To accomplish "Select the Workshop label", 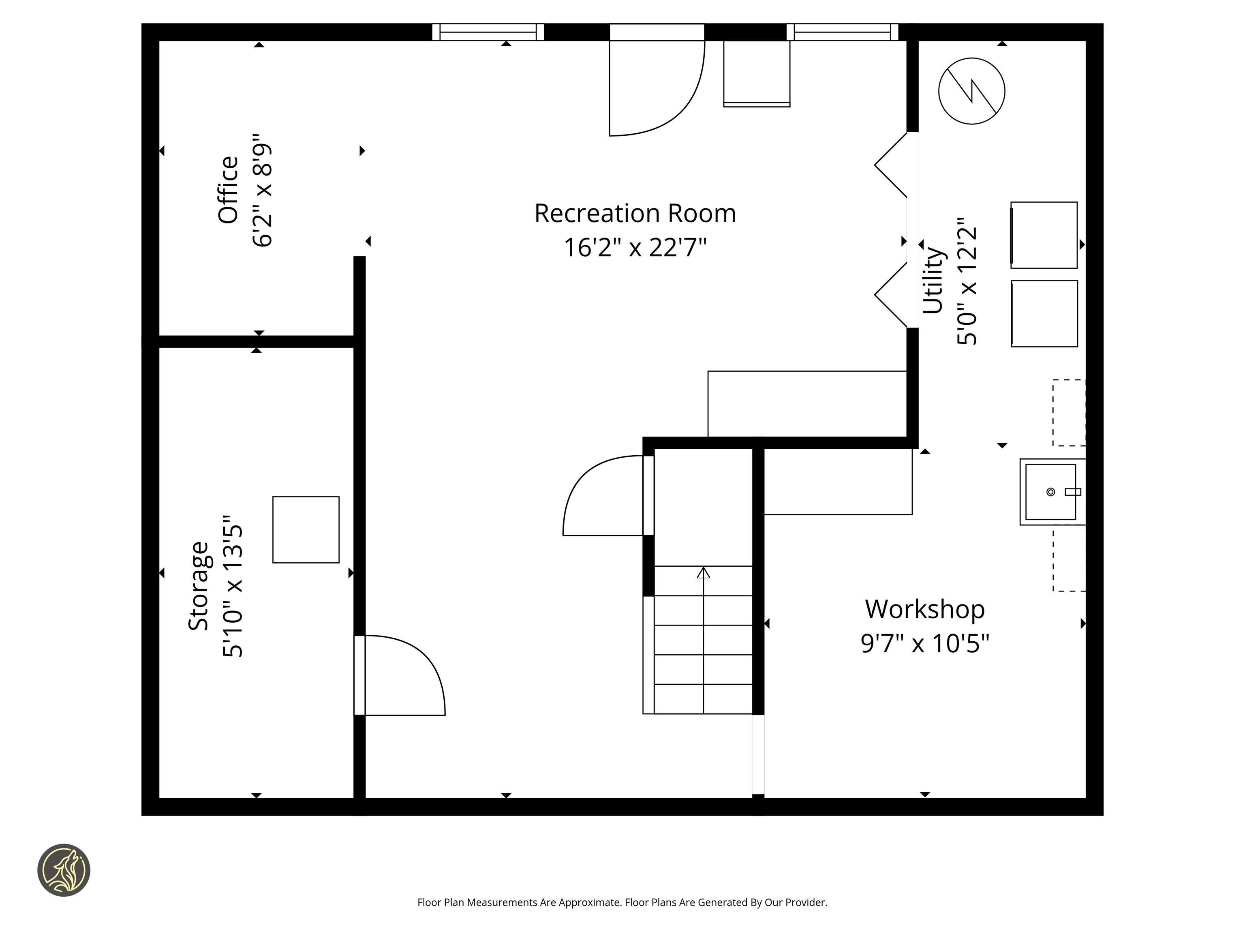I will click(x=925, y=610).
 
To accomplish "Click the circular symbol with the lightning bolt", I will click(x=971, y=91).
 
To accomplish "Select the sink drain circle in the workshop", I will click(x=1050, y=492).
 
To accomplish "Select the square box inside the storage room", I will click(x=306, y=529).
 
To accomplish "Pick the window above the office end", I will click(x=488, y=32).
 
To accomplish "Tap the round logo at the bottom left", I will click(x=64, y=870).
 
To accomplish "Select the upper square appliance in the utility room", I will click(x=1044, y=235).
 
